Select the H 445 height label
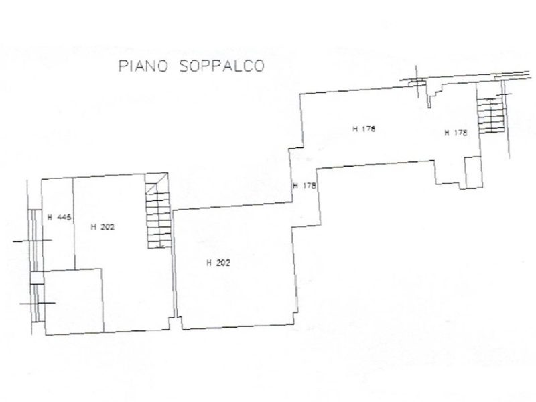[x=59, y=216]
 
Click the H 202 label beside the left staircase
[x=103, y=227]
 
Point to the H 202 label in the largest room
[x=218, y=263]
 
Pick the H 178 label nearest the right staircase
[x=455, y=133]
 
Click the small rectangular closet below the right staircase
[x=472, y=172]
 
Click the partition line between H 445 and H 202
[x=72, y=221]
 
